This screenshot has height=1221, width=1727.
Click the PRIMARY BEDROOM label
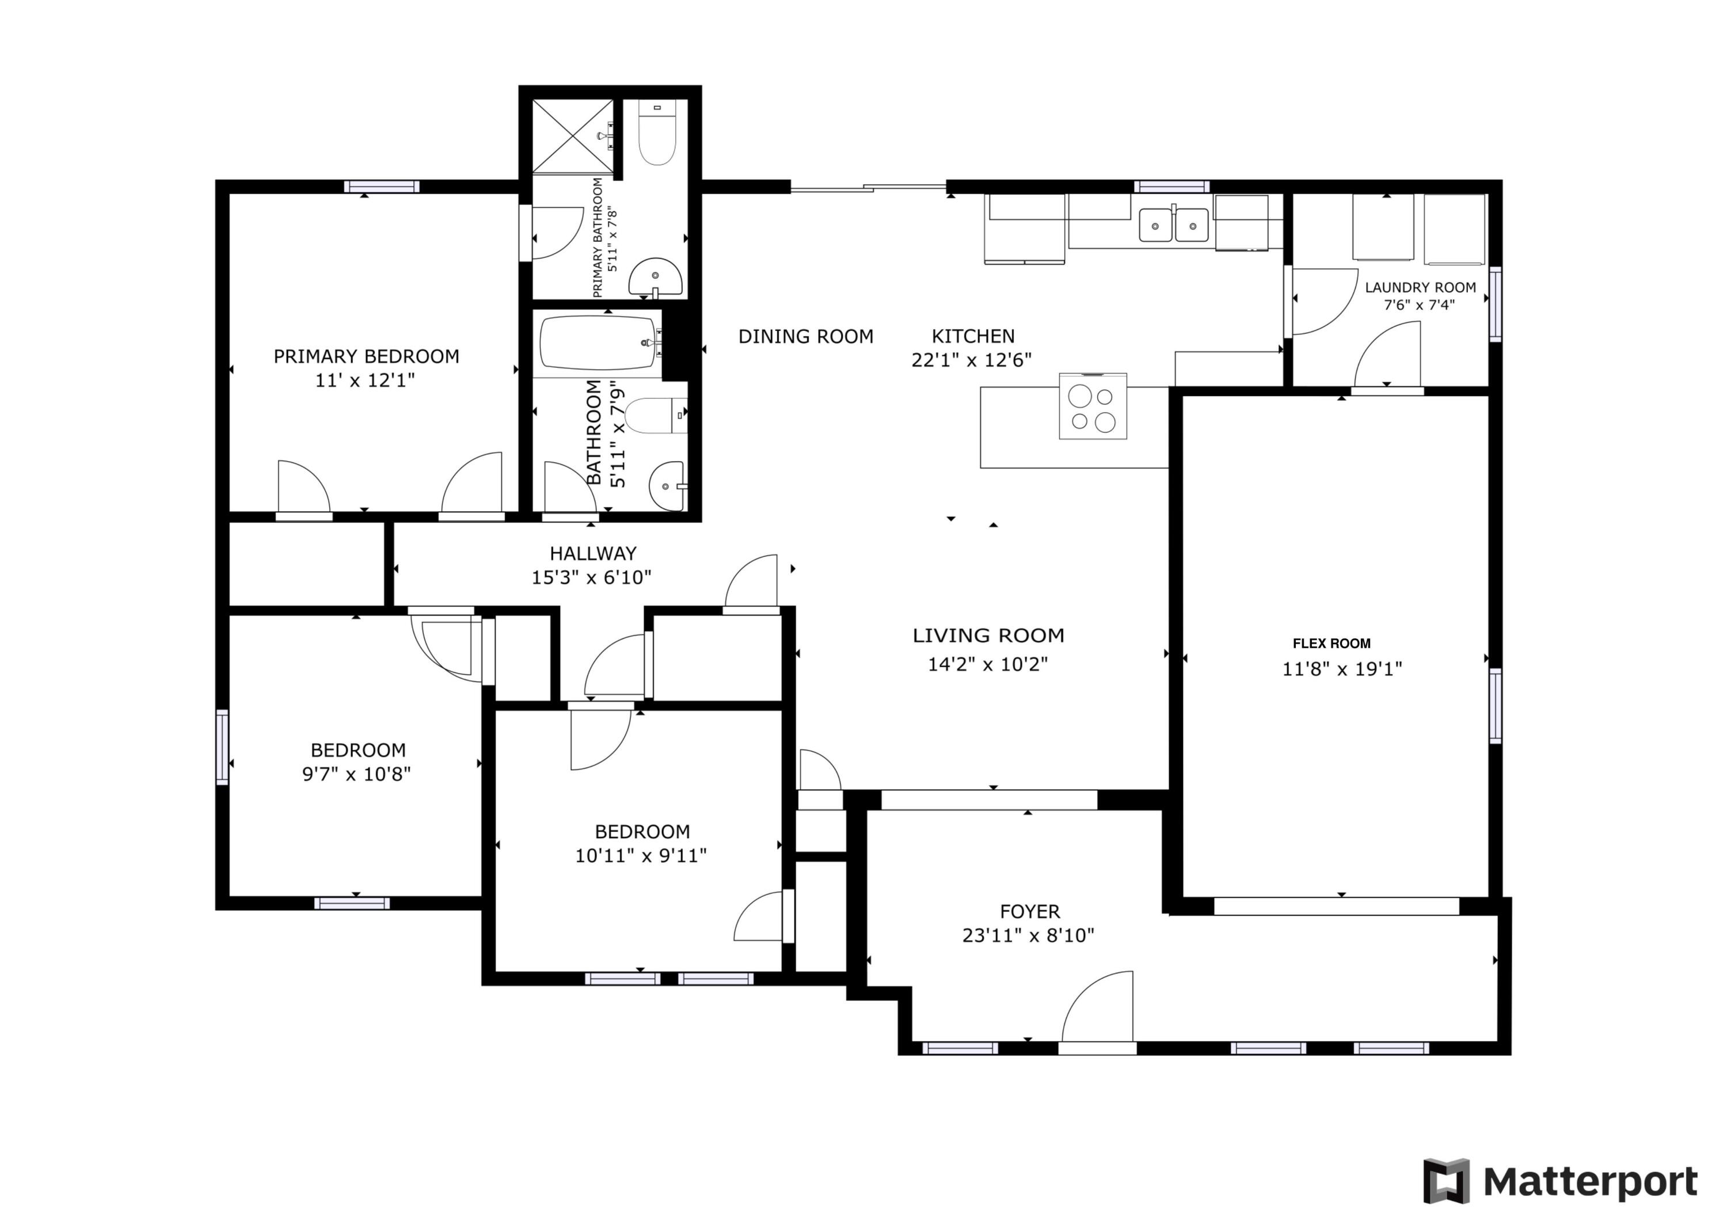(x=366, y=356)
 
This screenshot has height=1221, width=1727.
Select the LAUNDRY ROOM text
(x=1420, y=287)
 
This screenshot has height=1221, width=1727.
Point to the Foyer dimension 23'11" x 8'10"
(x=1028, y=935)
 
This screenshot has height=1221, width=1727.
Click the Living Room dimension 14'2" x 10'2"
(x=988, y=664)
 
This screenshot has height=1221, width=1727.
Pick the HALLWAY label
(x=593, y=554)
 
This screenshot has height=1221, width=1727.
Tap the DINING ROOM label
(x=805, y=336)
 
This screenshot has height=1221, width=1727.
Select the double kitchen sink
(x=1173, y=225)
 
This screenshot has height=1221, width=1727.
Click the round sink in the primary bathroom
(x=655, y=277)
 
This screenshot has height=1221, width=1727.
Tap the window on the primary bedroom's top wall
(x=382, y=187)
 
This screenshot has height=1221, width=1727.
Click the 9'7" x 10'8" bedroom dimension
(x=356, y=774)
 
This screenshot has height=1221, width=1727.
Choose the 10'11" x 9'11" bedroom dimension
(x=641, y=855)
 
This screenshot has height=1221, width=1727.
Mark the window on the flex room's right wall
(x=1496, y=706)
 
